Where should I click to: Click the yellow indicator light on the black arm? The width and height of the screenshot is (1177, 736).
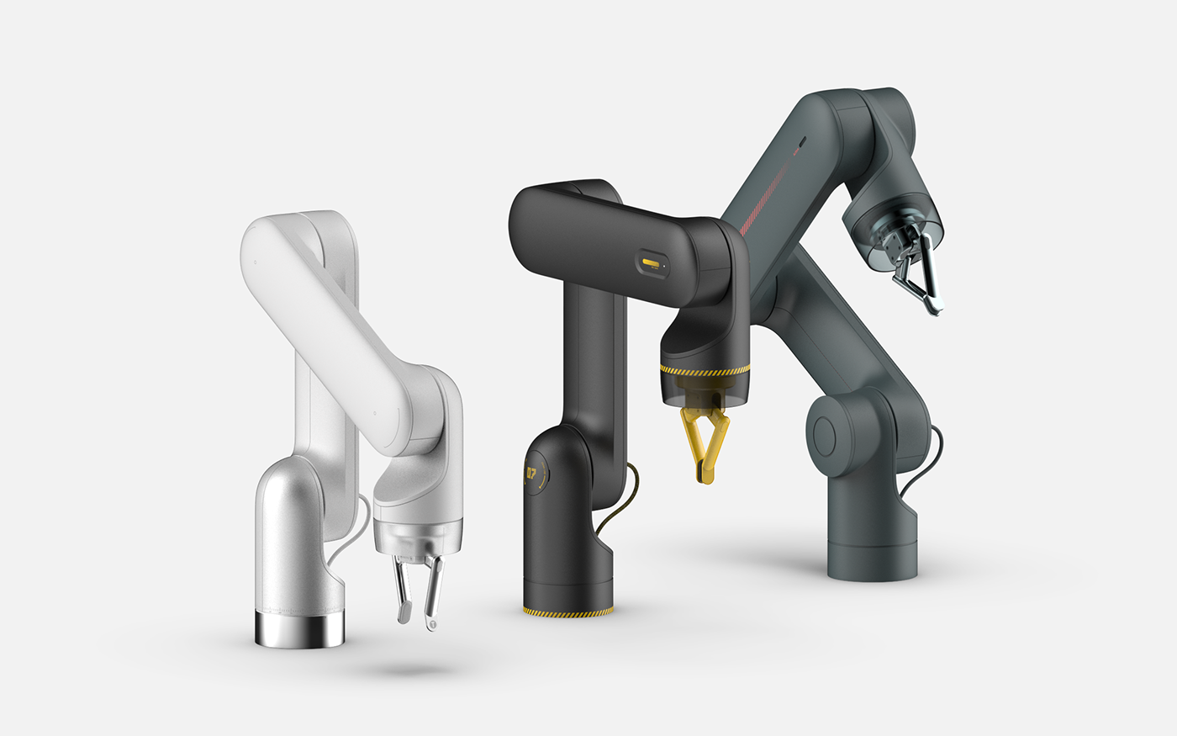point(650,262)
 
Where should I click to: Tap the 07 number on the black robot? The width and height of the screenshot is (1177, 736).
point(531,474)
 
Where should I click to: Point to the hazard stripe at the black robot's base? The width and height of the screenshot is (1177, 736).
point(567,612)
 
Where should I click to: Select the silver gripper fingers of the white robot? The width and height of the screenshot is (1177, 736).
point(418,588)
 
